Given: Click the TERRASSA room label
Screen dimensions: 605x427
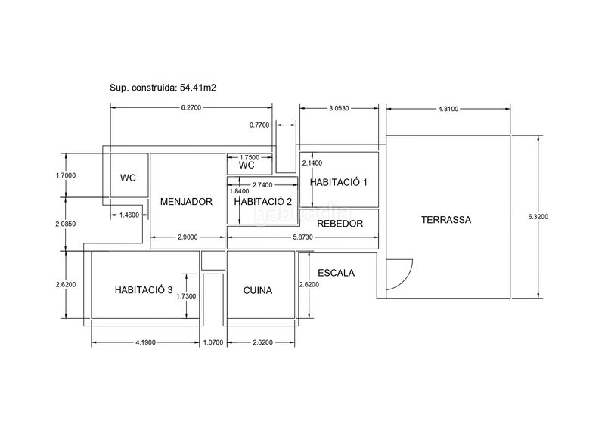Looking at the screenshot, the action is point(446,220).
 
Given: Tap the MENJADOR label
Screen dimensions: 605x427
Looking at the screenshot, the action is point(186,201).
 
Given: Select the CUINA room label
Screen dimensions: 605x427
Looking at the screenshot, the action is point(258,290).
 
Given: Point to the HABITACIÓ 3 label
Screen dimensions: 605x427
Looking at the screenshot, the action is point(144,290).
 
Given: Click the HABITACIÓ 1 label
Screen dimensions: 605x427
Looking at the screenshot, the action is point(339,182).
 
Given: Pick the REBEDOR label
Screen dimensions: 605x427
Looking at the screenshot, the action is point(340,224).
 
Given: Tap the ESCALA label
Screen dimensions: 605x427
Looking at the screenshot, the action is point(336,273).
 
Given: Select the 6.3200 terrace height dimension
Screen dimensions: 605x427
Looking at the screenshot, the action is point(538,217).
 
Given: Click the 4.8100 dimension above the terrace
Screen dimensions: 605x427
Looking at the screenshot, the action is point(448,109).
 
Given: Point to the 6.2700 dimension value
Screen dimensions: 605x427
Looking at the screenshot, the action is point(191,107).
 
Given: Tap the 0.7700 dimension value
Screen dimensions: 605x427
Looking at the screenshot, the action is point(259,125).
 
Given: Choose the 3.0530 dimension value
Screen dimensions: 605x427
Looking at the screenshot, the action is point(339,108).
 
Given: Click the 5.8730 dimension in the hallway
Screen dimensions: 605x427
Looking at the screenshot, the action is point(303,237).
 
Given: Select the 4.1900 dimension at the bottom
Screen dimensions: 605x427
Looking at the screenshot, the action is point(145,342).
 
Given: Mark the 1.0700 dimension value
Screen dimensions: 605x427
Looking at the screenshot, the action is point(213,342).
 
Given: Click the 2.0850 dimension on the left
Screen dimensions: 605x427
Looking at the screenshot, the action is point(66,224).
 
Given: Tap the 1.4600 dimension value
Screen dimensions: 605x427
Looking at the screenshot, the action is point(129,215).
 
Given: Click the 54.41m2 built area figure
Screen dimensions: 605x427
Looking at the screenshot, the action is point(198,88).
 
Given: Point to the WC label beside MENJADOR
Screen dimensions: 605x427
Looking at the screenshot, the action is point(128,178).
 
